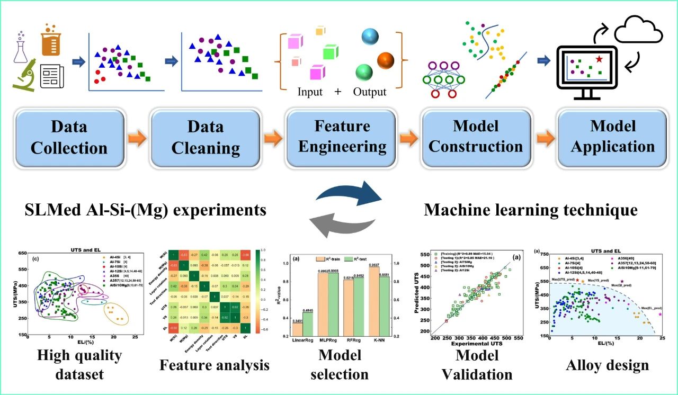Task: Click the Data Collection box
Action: pyautogui.click(x=69, y=137)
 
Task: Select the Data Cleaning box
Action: pyautogui.click(x=205, y=137)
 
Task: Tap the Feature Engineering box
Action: pyautogui.click(x=341, y=137)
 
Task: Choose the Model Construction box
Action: pyautogui.click(x=476, y=137)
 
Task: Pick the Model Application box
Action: pyautogui.click(x=613, y=137)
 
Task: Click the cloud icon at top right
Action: pyautogui.click(x=643, y=31)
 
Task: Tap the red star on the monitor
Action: pyautogui.click(x=599, y=59)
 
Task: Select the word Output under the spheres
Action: pyautogui.click(x=370, y=92)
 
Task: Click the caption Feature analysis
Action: pyautogui.click(x=214, y=365)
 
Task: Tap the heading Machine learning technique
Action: pyautogui.click(x=531, y=210)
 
